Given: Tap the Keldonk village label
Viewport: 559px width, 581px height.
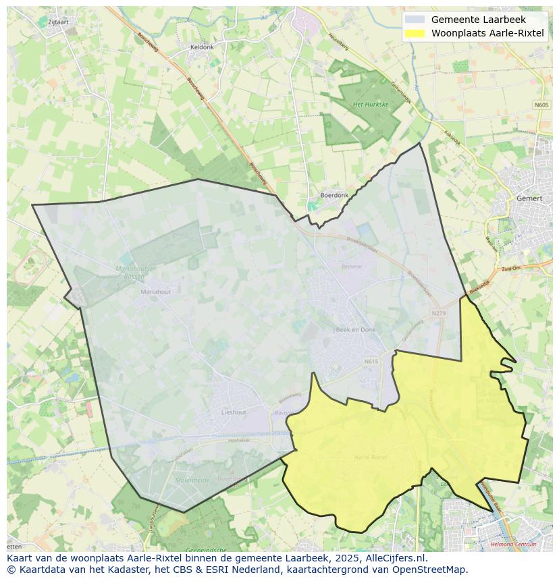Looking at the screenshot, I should pyautogui.click(x=202, y=47).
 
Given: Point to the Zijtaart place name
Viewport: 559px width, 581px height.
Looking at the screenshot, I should pyautogui.click(x=58, y=22).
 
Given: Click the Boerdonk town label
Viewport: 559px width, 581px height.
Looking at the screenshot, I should pyautogui.click(x=334, y=195).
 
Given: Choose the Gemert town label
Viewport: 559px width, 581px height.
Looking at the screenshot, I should pyautogui.click(x=529, y=198).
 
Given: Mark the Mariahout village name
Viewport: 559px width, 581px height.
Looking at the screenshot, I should pyautogui.click(x=155, y=292).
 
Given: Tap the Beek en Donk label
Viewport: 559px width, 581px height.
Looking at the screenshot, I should pyautogui.click(x=355, y=329).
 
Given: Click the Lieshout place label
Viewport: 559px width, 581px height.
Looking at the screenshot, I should pyautogui.click(x=234, y=412).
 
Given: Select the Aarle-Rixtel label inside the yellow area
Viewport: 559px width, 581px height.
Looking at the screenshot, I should pyautogui.click(x=370, y=457).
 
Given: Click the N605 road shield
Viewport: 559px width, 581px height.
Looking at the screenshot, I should pyautogui.click(x=541, y=105).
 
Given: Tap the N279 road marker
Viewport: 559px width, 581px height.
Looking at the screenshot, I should pyautogui.click(x=439, y=313).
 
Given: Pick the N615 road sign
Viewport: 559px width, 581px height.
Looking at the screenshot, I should pyautogui.click(x=371, y=362).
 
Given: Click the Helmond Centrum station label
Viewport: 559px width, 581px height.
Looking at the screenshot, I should pyautogui.click(x=514, y=544).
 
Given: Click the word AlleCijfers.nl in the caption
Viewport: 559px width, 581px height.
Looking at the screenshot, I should pyautogui.click(x=396, y=558).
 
